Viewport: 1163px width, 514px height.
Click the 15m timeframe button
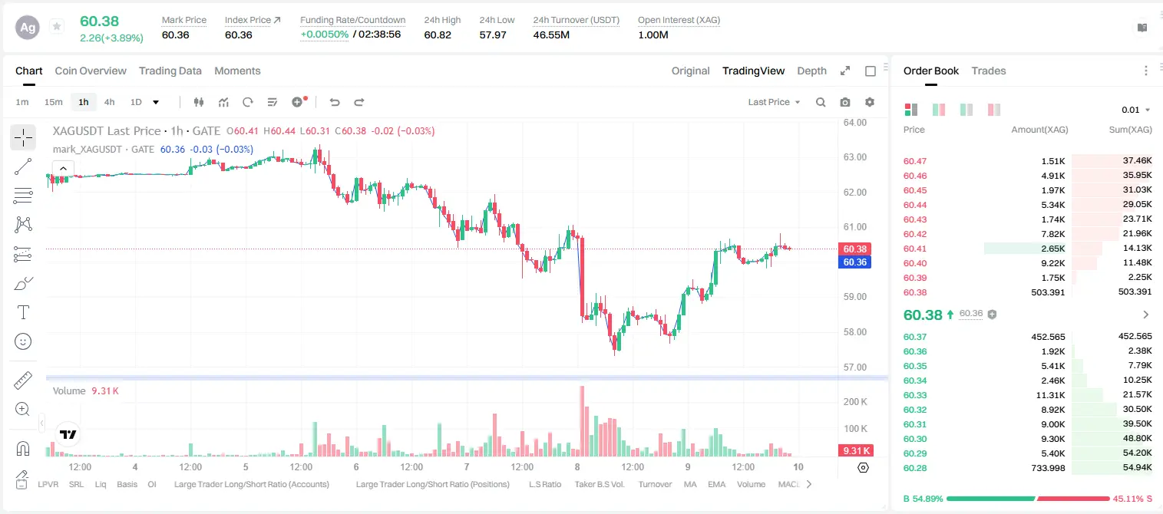click(54, 102)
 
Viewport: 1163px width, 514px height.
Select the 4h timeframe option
click(109, 102)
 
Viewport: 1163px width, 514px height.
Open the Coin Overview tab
click(91, 71)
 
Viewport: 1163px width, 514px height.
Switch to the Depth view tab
click(811, 71)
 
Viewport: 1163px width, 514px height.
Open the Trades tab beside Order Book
click(989, 71)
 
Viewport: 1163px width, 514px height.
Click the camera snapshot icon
click(845, 102)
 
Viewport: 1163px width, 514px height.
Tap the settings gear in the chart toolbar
click(870, 102)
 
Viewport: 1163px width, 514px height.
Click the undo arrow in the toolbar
click(335, 102)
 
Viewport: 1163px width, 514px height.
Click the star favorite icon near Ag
click(57, 26)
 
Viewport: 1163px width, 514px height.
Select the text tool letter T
click(23, 312)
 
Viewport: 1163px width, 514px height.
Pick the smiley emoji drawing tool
click(23, 341)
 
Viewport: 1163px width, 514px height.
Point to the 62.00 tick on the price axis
click(855, 192)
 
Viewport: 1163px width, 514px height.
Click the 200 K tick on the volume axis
click(855, 402)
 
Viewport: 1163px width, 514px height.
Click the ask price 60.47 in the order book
click(915, 161)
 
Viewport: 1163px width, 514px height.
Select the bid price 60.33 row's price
click(915, 395)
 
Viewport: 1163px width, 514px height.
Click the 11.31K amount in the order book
click(1050, 395)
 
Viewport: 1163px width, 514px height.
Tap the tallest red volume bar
click(582, 421)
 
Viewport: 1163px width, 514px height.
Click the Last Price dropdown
click(774, 102)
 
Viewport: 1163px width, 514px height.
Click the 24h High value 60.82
click(438, 35)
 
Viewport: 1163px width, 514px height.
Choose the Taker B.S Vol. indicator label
click(599, 484)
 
